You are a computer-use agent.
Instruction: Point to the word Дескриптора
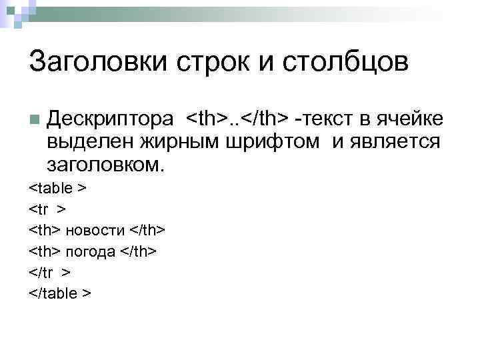point(110,119)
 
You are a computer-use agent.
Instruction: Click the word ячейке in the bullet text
point(407,119)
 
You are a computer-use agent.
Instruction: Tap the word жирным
point(177,141)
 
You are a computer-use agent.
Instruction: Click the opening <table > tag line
point(58,188)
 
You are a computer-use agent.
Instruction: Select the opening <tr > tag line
point(47,209)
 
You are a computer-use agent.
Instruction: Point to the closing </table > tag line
point(61,294)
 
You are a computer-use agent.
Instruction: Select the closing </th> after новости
point(147,231)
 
